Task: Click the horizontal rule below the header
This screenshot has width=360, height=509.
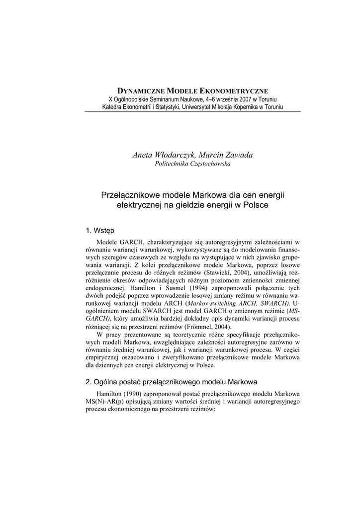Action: [192, 112]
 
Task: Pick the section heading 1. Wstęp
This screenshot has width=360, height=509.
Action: [100, 230]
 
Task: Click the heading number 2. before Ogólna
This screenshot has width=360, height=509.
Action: [89, 382]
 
